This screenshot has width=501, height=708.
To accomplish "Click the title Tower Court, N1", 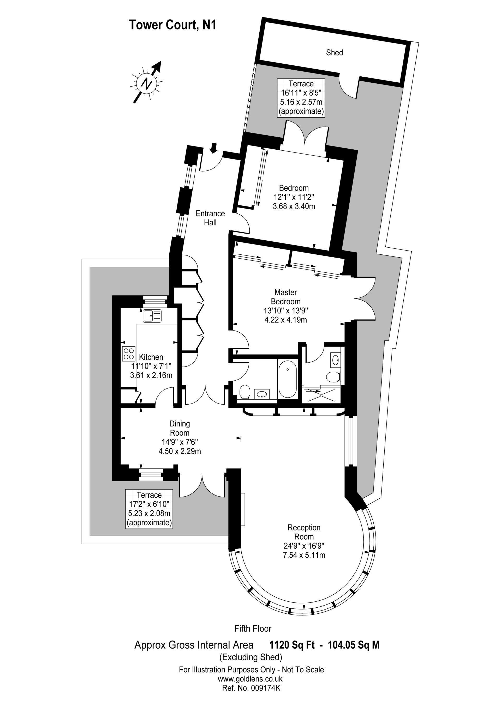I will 172,25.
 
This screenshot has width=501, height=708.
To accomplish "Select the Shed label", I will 334,53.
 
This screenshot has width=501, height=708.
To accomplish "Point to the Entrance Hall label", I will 210,218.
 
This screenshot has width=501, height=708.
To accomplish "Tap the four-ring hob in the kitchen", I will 129,354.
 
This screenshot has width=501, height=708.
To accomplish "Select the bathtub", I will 287,379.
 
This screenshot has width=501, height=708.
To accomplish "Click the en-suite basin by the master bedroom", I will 336,360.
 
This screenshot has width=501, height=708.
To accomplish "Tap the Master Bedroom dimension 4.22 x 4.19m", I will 285,320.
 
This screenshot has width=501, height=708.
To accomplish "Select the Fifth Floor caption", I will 253,628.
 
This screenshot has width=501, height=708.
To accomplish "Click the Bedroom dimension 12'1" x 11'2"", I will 294,197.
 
